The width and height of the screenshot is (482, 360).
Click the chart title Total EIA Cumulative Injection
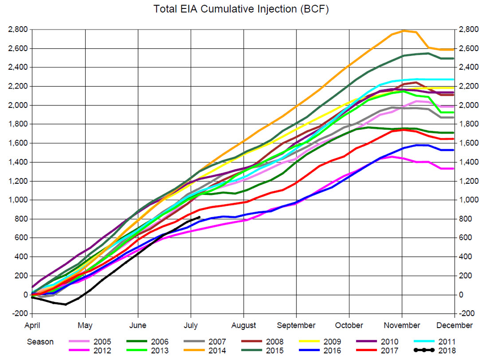tap(226, 9)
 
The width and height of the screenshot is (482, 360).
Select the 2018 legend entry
tap(435, 351)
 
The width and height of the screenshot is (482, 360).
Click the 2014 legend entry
tap(205, 351)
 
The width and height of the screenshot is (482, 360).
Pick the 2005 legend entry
tap(90, 342)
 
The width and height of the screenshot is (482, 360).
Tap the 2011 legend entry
tap(435, 342)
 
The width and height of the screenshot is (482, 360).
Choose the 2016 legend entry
tap(319, 351)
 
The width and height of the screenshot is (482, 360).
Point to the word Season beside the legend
tap(40, 342)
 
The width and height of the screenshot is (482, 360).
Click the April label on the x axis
tap(32, 325)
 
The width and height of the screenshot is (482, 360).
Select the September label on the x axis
tap(296, 325)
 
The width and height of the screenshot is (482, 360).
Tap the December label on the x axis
tap(454, 325)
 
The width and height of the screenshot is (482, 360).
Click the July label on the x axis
tap(191, 325)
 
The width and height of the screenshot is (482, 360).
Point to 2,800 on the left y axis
tap(18, 30)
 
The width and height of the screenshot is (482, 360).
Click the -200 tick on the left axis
tap(20, 313)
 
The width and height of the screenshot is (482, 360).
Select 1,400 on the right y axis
tap(468, 162)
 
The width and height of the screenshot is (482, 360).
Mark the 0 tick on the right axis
tap(461, 294)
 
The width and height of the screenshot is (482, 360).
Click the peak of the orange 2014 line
tap(403, 31)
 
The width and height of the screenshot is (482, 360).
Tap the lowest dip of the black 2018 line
tap(66, 304)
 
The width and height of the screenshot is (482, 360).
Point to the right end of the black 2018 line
tap(200, 217)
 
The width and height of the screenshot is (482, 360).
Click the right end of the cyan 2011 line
tap(454, 79)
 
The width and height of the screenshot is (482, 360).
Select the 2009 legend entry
tap(319, 342)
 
